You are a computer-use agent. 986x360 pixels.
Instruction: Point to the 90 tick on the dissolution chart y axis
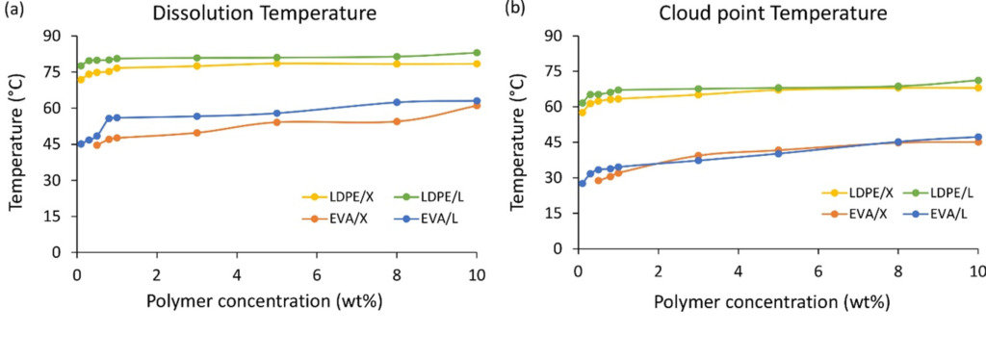[55, 36]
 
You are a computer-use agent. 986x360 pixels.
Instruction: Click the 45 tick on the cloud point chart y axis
[557, 141]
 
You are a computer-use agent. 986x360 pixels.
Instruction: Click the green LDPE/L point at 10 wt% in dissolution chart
[476, 53]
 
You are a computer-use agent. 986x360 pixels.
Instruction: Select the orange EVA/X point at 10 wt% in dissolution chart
[476, 105]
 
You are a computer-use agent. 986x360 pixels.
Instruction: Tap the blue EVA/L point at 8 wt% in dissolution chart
[396, 102]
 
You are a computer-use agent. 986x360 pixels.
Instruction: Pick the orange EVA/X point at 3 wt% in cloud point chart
[698, 155]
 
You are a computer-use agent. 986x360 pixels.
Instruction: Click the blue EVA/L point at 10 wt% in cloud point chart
[977, 137]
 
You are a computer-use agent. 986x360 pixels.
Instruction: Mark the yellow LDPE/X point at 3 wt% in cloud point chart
[698, 94]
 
